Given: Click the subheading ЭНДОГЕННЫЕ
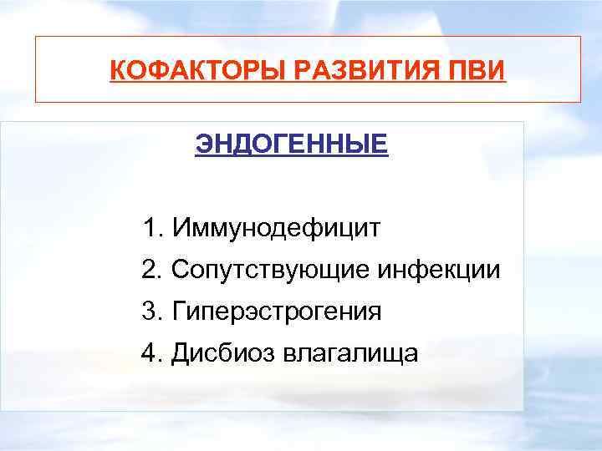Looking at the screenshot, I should (x=291, y=144).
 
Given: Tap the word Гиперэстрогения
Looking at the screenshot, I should (x=277, y=312).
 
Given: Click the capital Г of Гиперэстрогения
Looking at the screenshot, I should (x=178, y=312).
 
